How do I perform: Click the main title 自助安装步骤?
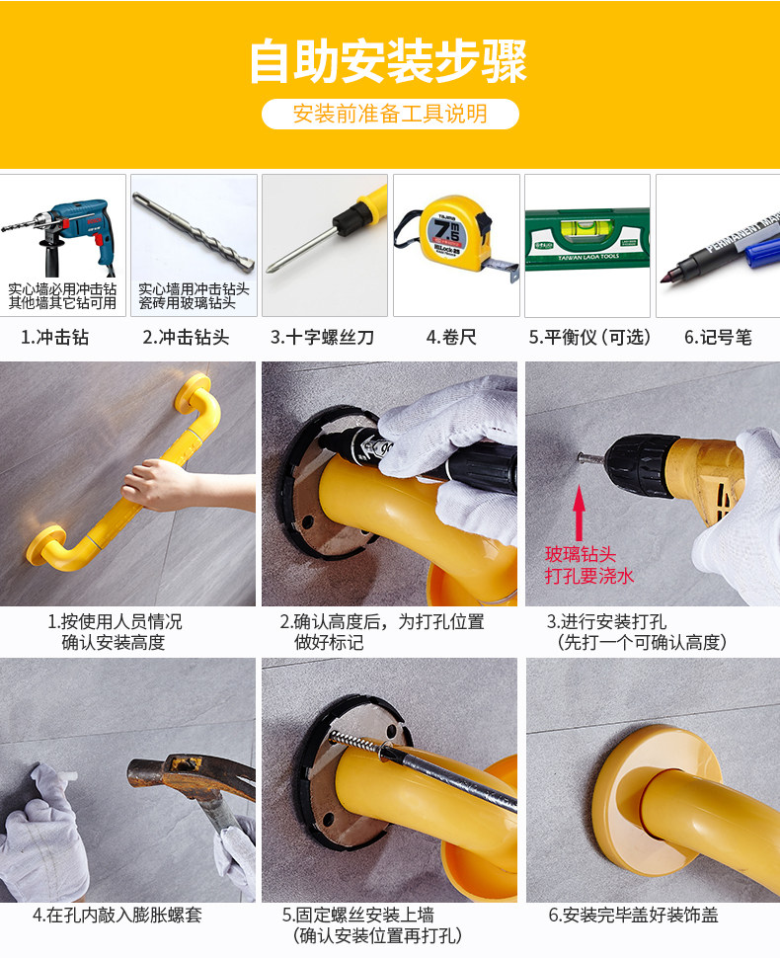[389, 61]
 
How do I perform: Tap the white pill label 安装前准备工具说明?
[390, 114]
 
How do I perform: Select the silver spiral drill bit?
[194, 233]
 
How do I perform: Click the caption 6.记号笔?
[718, 338]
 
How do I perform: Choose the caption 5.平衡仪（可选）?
[589, 338]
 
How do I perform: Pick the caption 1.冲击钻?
[55, 338]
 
